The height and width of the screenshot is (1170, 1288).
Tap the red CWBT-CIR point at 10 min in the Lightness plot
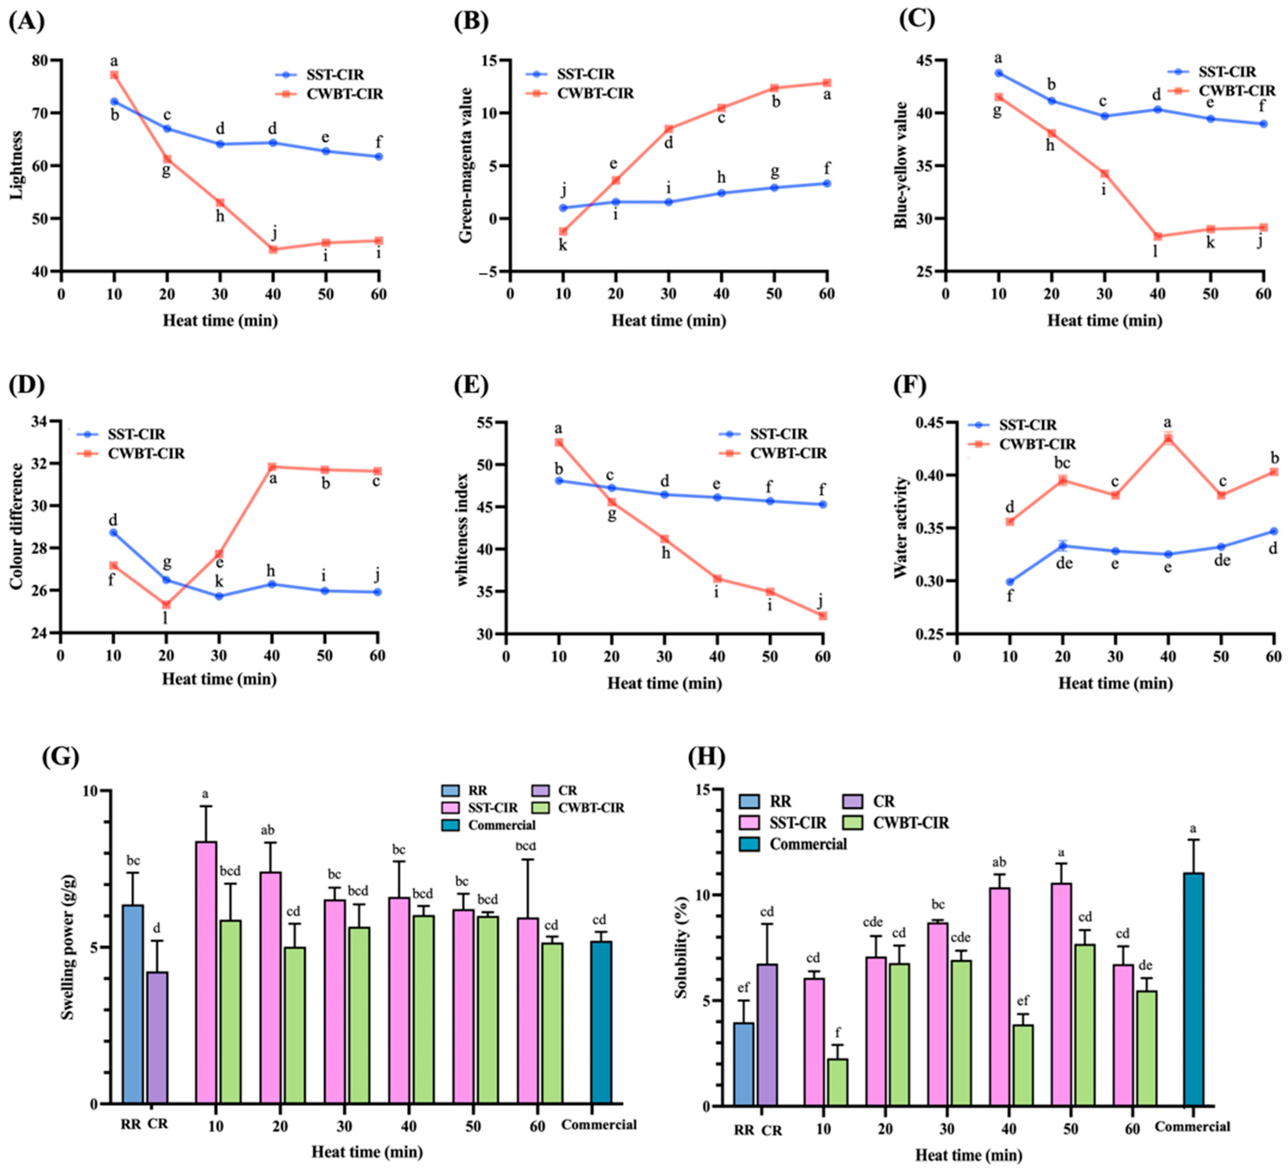114,75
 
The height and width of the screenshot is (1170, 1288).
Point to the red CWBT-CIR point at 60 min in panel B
827,83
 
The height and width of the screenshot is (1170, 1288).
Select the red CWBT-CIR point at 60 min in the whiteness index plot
823,615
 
